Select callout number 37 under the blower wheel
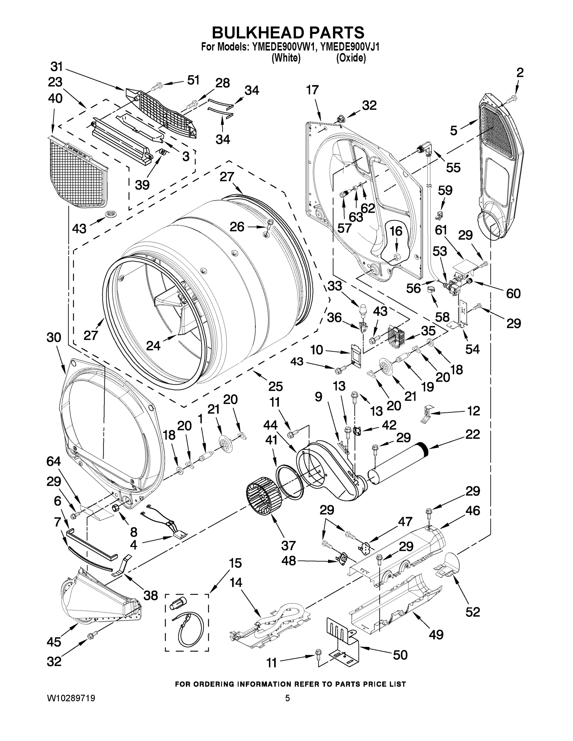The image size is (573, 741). click(288, 545)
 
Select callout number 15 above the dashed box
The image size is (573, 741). click(234, 563)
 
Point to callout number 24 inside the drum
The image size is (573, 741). click(154, 345)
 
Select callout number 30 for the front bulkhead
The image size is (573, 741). click(54, 337)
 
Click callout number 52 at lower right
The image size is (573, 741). click(473, 612)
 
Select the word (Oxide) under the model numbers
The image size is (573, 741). click(351, 58)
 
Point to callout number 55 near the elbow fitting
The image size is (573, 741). click(453, 167)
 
